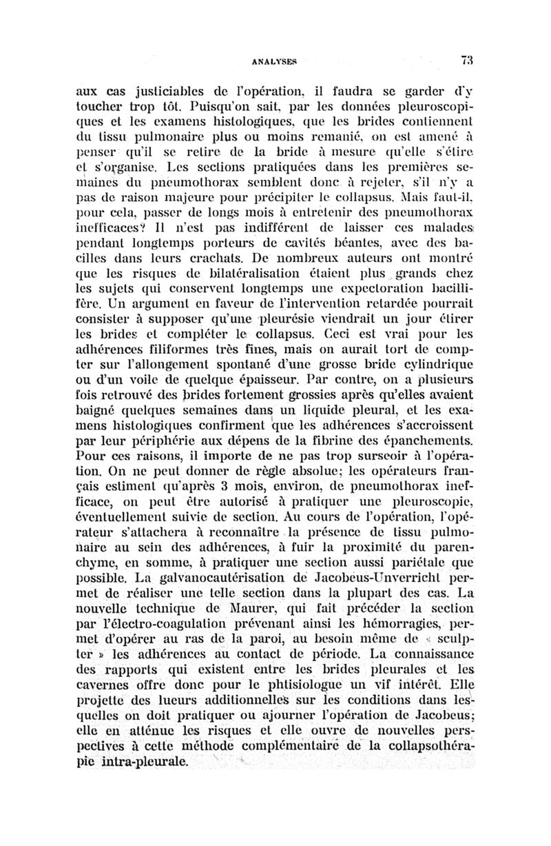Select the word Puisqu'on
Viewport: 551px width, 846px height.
pos(218,109)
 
